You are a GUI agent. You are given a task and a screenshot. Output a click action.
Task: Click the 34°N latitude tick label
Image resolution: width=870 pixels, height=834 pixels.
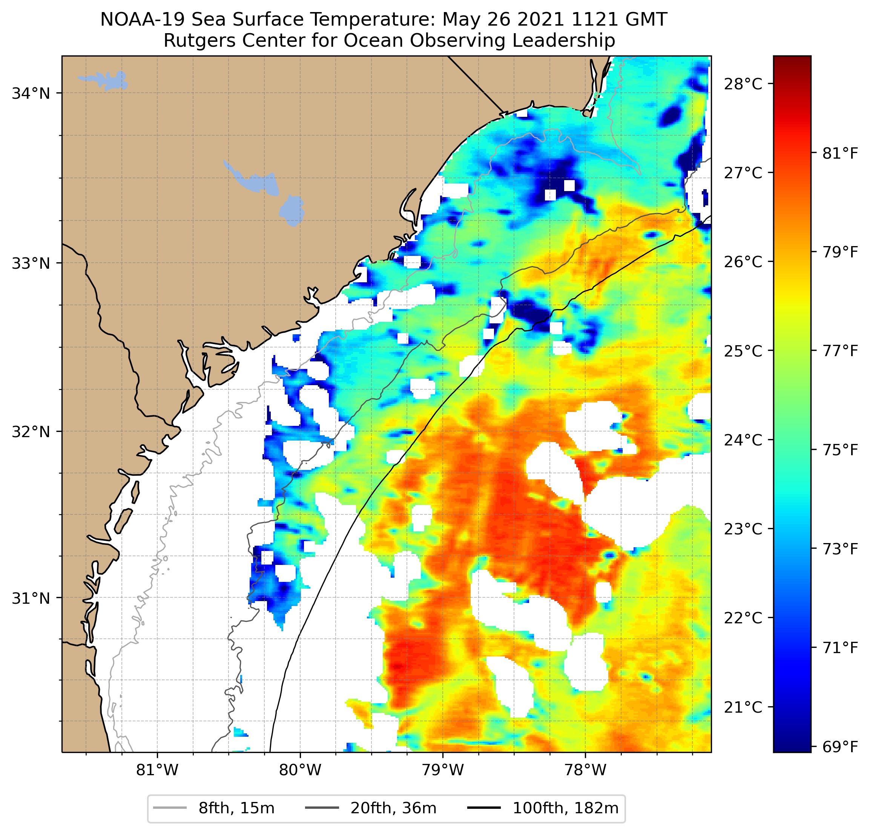tap(31, 93)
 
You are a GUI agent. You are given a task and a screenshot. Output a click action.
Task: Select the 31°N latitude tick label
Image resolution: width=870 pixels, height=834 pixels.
tap(31, 598)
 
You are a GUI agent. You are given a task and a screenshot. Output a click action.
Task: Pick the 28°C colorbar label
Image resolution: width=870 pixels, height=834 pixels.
tap(743, 84)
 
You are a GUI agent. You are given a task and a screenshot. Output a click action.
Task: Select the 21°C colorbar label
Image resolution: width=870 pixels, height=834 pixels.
tap(743, 707)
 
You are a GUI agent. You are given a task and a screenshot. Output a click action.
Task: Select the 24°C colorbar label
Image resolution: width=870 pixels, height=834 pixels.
tap(743, 440)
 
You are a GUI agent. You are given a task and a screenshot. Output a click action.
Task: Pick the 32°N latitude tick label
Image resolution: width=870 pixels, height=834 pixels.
tap(31, 431)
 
